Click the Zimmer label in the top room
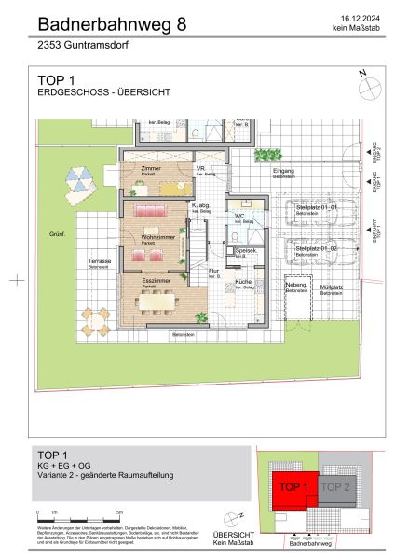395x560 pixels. point(150,168)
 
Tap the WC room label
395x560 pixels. point(239,217)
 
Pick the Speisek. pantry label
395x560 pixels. point(246,250)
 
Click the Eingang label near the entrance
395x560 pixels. point(283,172)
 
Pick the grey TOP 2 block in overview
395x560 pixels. point(335,486)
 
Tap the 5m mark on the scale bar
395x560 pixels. point(120,513)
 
